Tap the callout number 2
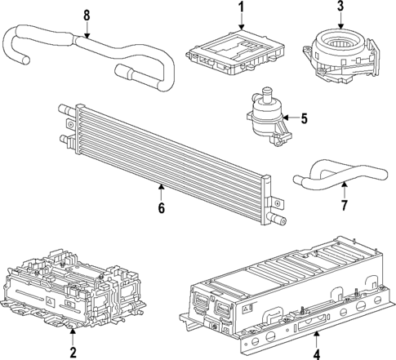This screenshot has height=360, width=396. coord(73,352)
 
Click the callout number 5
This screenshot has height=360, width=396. coord(304,119)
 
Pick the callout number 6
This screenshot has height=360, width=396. coord(161,208)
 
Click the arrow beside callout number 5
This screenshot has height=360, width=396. coord(288,119)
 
